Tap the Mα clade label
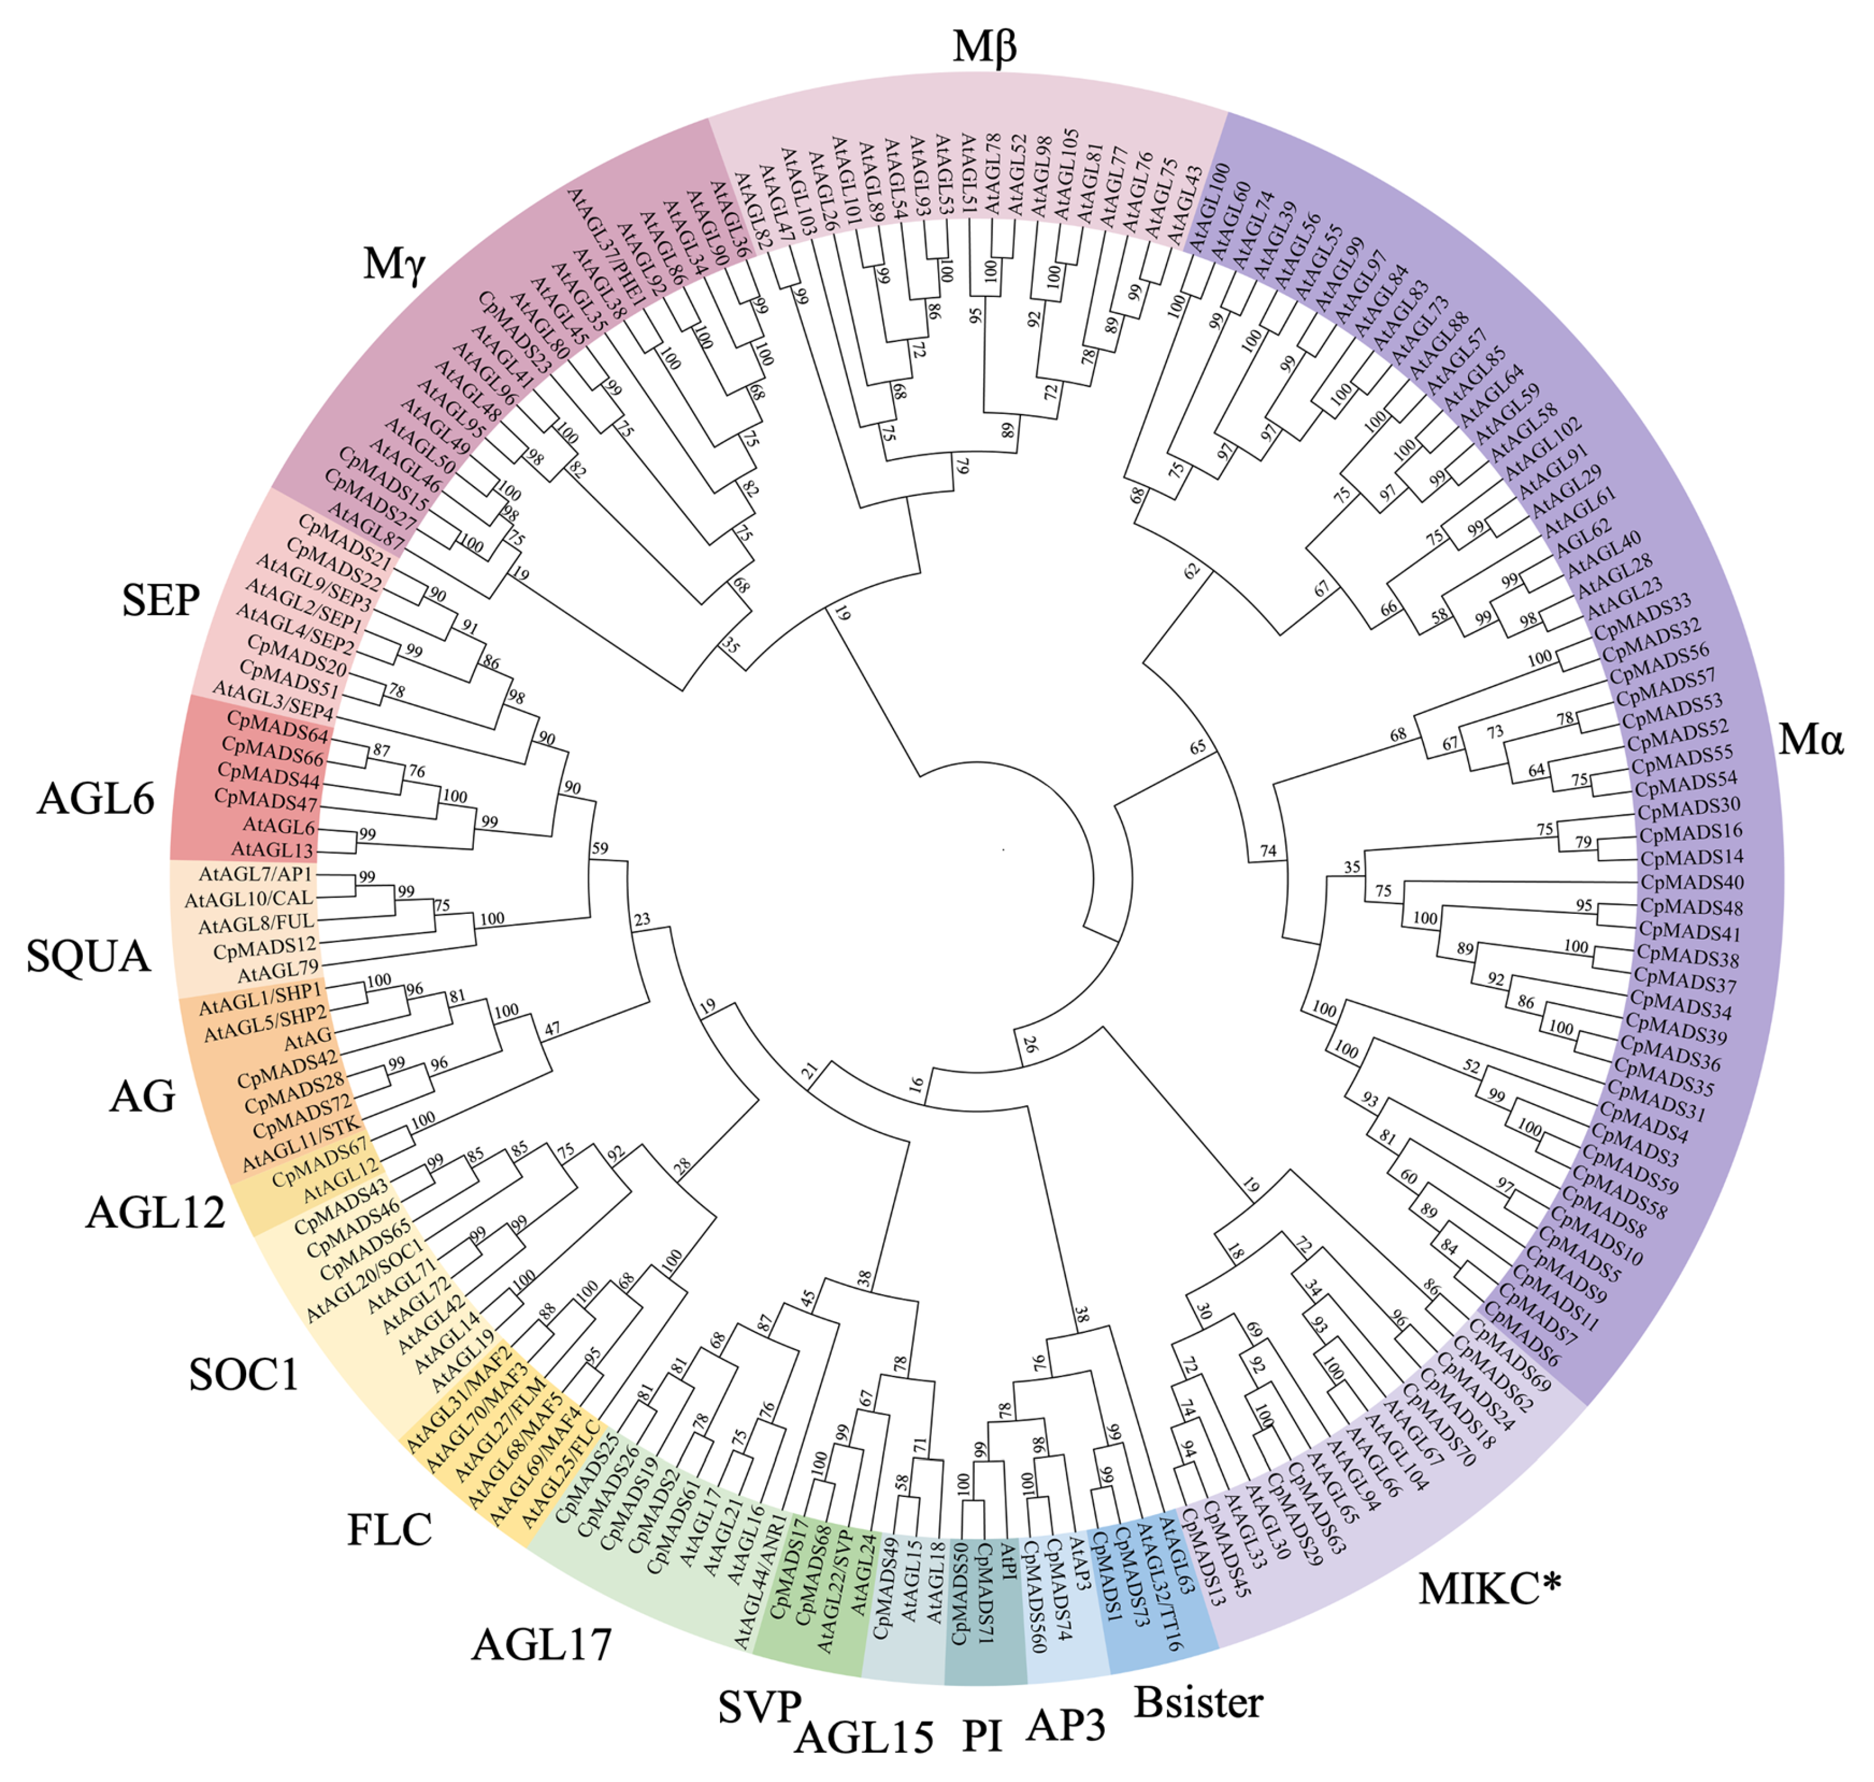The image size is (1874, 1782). (1809, 738)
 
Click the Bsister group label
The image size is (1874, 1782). (1198, 1702)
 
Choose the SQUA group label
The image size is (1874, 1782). (89, 956)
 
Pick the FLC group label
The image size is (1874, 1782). (389, 1530)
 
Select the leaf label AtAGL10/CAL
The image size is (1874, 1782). (249, 898)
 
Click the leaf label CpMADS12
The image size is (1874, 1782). (264, 948)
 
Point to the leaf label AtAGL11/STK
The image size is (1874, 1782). (300, 1145)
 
